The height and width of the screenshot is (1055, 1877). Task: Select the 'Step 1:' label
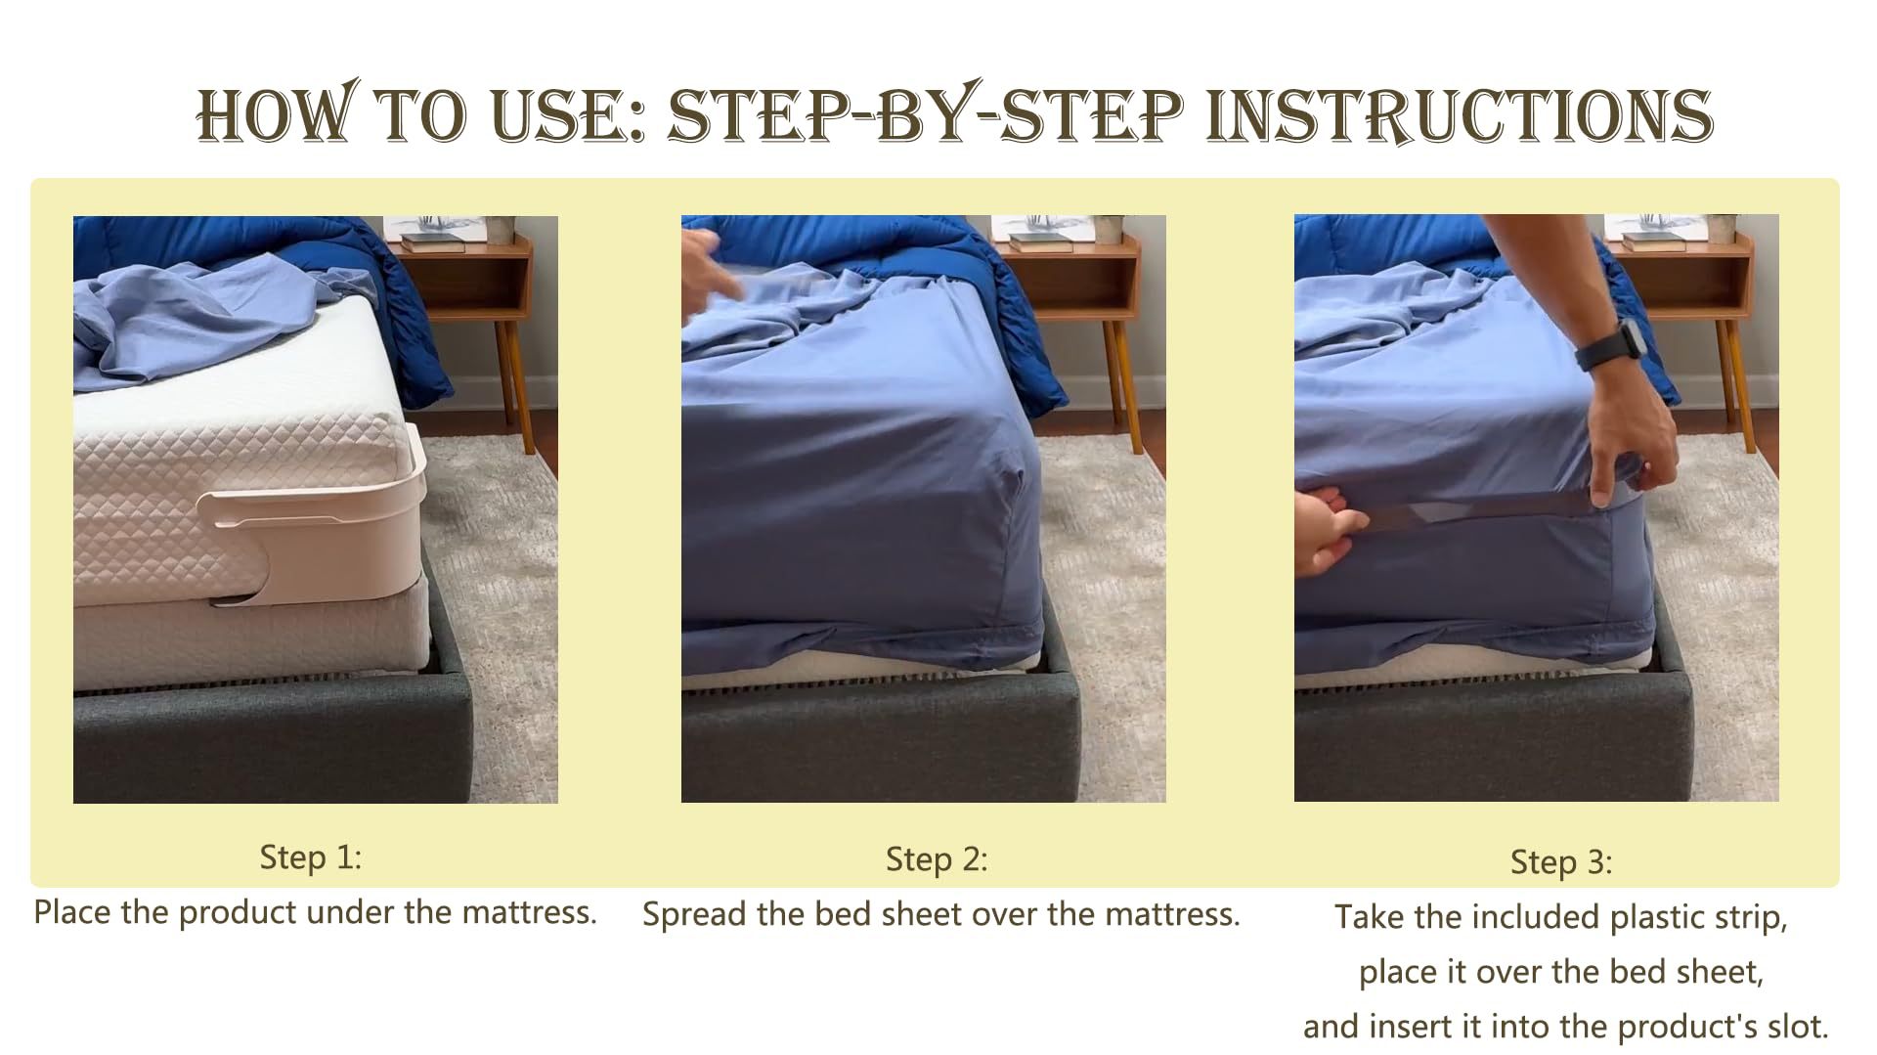(311, 857)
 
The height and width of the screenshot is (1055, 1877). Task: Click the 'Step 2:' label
(937, 859)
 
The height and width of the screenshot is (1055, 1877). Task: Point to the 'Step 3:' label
(1561, 862)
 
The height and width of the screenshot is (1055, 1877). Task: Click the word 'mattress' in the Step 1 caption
(528, 912)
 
